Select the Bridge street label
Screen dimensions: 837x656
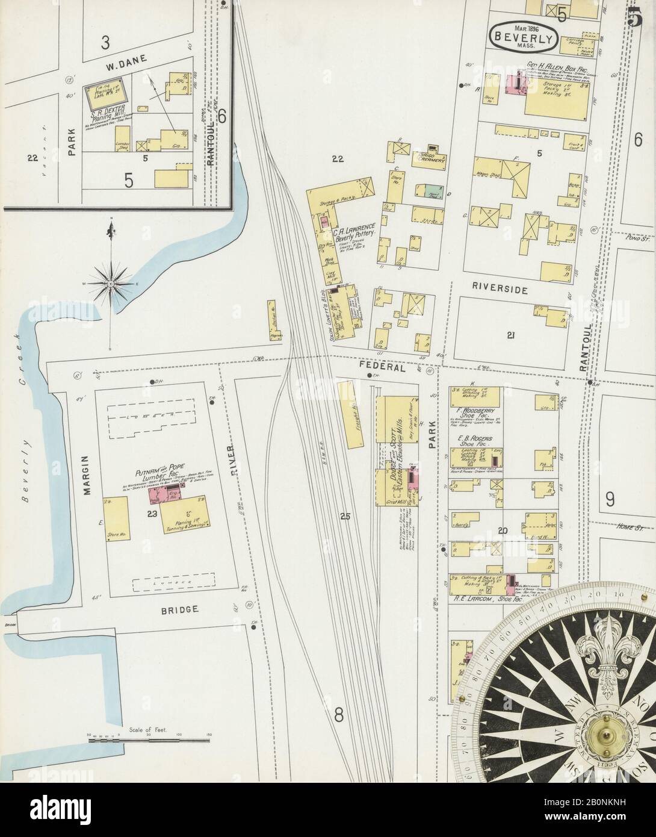179,609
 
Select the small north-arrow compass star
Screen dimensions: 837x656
111,281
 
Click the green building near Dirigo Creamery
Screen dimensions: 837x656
430,191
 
